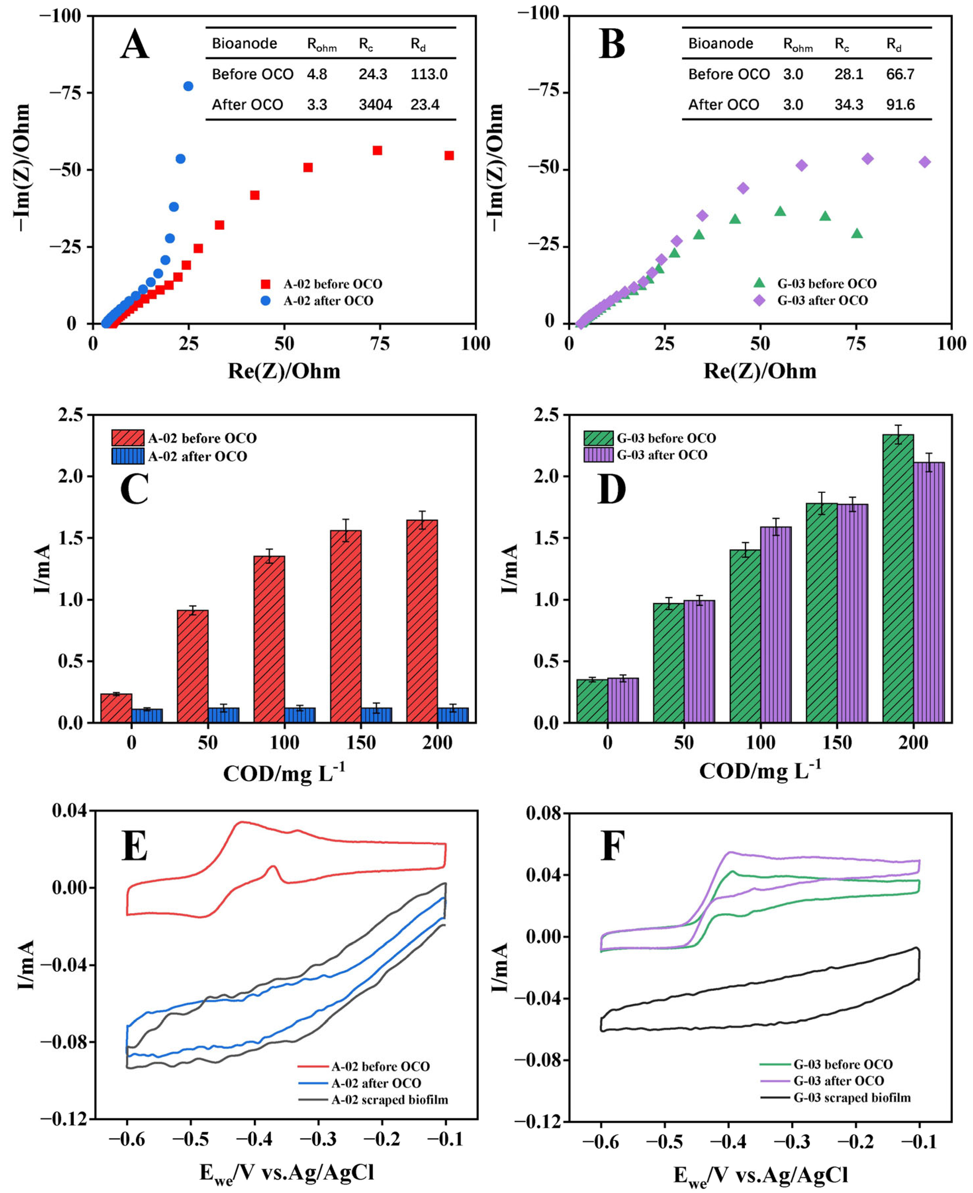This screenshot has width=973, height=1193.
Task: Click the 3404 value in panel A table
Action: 375,105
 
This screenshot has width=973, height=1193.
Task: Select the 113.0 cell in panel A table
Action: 429,74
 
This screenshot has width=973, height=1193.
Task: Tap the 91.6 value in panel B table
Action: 900,105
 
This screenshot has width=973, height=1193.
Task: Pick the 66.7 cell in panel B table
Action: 900,74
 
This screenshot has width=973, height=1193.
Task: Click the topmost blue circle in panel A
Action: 188,86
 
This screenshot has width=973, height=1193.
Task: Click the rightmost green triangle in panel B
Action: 857,234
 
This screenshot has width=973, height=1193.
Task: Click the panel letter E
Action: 134,846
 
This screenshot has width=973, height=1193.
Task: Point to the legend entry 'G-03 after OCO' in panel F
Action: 839,1081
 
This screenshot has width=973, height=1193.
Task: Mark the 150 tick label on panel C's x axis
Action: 361,743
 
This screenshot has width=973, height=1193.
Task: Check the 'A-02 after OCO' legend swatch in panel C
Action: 128,456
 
